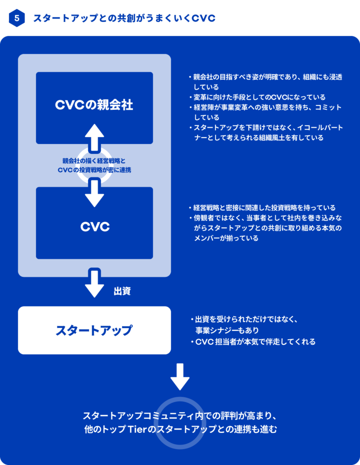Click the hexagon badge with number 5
(x=16, y=19)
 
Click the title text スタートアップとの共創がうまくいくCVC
(x=124, y=19)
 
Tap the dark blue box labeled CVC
(x=94, y=226)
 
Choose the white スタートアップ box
(x=94, y=330)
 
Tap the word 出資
(x=122, y=291)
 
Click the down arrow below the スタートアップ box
(x=180, y=376)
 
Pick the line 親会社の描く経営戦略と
(x=94, y=161)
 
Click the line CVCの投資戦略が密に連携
(x=94, y=170)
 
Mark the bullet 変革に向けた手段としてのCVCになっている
(x=259, y=97)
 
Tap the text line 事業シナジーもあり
(x=227, y=330)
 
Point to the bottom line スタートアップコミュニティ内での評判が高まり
(x=180, y=416)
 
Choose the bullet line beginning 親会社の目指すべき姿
(x=267, y=77)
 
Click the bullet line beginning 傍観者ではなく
(x=267, y=218)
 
